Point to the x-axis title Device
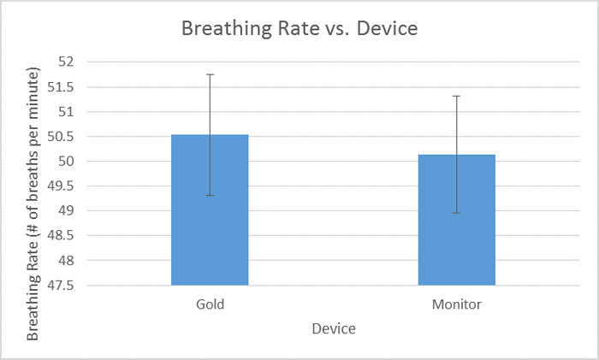tap(334, 328)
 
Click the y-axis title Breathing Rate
tap(33, 206)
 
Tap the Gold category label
tap(210, 304)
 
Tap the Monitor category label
tap(456, 304)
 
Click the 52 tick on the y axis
tap(67, 62)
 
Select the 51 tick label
tap(67, 112)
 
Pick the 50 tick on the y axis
tap(67, 162)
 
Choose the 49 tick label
tap(67, 211)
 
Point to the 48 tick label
tap(67, 261)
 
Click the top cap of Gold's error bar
tap(210, 74)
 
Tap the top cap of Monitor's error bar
tap(456, 96)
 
